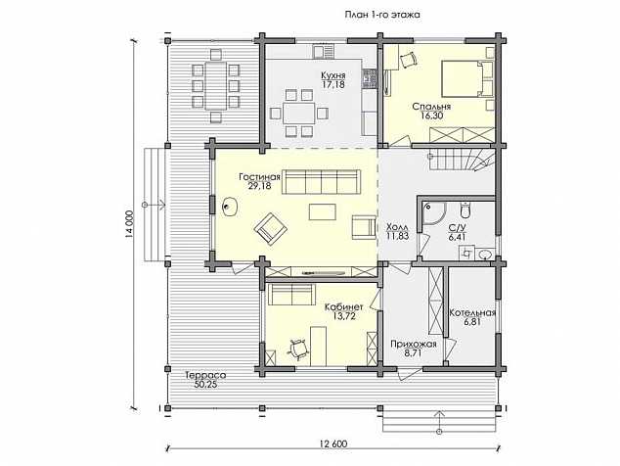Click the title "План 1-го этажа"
(x=382, y=15)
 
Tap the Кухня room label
(x=332, y=75)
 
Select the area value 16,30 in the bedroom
(x=432, y=116)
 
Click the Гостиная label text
(x=259, y=176)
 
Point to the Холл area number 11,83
(x=397, y=236)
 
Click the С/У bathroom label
(x=457, y=228)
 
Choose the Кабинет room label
(x=343, y=307)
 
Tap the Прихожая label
(x=414, y=344)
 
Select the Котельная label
(x=472, y=312)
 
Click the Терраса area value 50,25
(x=205, y=384)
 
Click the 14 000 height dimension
(x=128, y=224)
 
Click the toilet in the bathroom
(x=465, y=210)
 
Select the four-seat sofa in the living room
(x=321, y=182)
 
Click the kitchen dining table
(x=299, y=114)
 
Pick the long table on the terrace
(x=215, y=85)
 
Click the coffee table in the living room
(x=323, y=211)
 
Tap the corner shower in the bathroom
(x=434, y=213)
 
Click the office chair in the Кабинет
(x=297, y=349)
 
